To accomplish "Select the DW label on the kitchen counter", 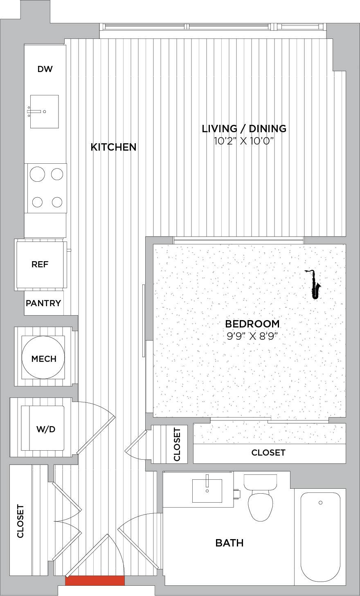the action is coord(45,69).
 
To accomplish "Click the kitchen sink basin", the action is coord(44,111).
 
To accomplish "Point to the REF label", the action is coord(40,264).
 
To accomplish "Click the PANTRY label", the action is coord(43,303).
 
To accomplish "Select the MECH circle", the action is coord(43,357).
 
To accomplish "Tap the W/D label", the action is coord(46,429).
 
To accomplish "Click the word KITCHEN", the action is coord(114,147).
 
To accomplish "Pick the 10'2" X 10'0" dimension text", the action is coord(244,141).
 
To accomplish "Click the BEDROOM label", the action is coord(252,324).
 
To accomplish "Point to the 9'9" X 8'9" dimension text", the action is coord(252,336).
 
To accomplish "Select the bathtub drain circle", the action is coord(320,503).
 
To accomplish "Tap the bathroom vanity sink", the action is coord(207,491).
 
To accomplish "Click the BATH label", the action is coord(229,543).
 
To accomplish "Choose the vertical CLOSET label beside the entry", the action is coord(20,521).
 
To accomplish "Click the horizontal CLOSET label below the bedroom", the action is coord(268,453).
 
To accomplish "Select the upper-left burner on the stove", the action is coord(38,174).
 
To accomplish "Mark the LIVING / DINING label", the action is coord(244,129).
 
